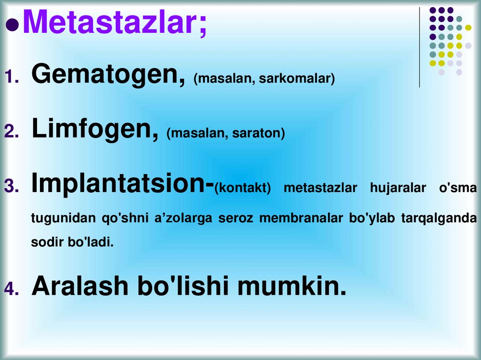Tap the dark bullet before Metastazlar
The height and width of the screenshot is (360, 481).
[13, 24]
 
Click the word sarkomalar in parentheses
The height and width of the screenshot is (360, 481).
[297, 78]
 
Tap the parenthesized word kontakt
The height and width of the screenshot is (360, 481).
[242, 188]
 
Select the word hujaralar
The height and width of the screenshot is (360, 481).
[398, 188]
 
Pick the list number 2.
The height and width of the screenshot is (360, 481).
[11, 131]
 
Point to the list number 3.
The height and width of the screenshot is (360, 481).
[11, 186]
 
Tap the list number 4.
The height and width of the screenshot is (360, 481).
[11, 289]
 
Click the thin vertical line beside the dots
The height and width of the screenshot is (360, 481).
[419, 47]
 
